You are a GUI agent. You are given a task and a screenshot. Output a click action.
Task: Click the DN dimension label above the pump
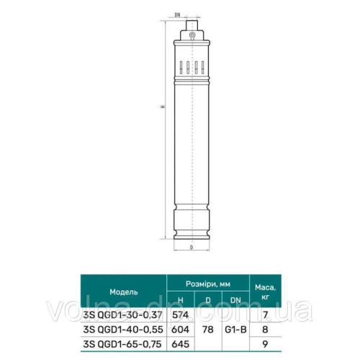tap(177, 15)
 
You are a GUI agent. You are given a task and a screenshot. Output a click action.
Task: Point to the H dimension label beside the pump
tap(163, 106)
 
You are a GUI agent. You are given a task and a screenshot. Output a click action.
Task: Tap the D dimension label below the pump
tap(192, 247)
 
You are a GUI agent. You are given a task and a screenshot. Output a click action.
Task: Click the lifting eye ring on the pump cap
tap(192, 35)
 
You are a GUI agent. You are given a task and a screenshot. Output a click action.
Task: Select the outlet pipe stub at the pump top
tap(192, 25)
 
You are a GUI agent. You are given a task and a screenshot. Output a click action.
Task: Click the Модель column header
tap(124, 292)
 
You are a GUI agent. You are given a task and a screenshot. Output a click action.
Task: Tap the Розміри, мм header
tap(208, 284)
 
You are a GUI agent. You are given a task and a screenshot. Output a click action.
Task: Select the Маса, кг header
tap(265, 292)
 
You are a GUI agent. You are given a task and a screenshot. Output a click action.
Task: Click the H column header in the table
tap(181, 300)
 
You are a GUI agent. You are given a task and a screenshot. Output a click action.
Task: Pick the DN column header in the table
tap(235, 300)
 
